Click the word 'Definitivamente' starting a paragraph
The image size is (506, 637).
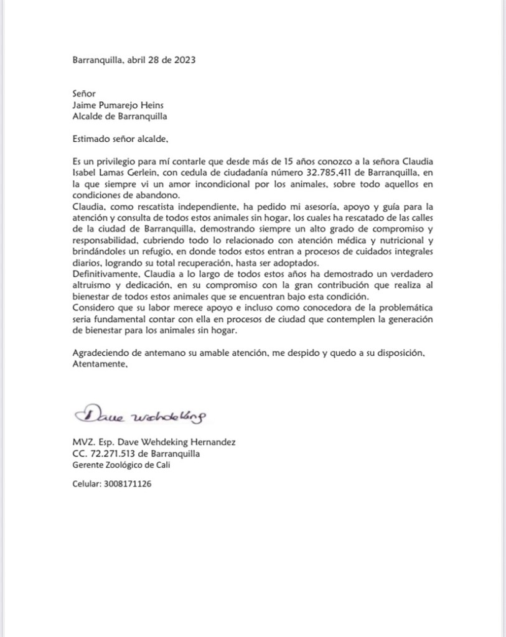[x=104, y=274]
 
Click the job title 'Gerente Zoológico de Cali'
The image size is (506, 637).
[x=121, y=465]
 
